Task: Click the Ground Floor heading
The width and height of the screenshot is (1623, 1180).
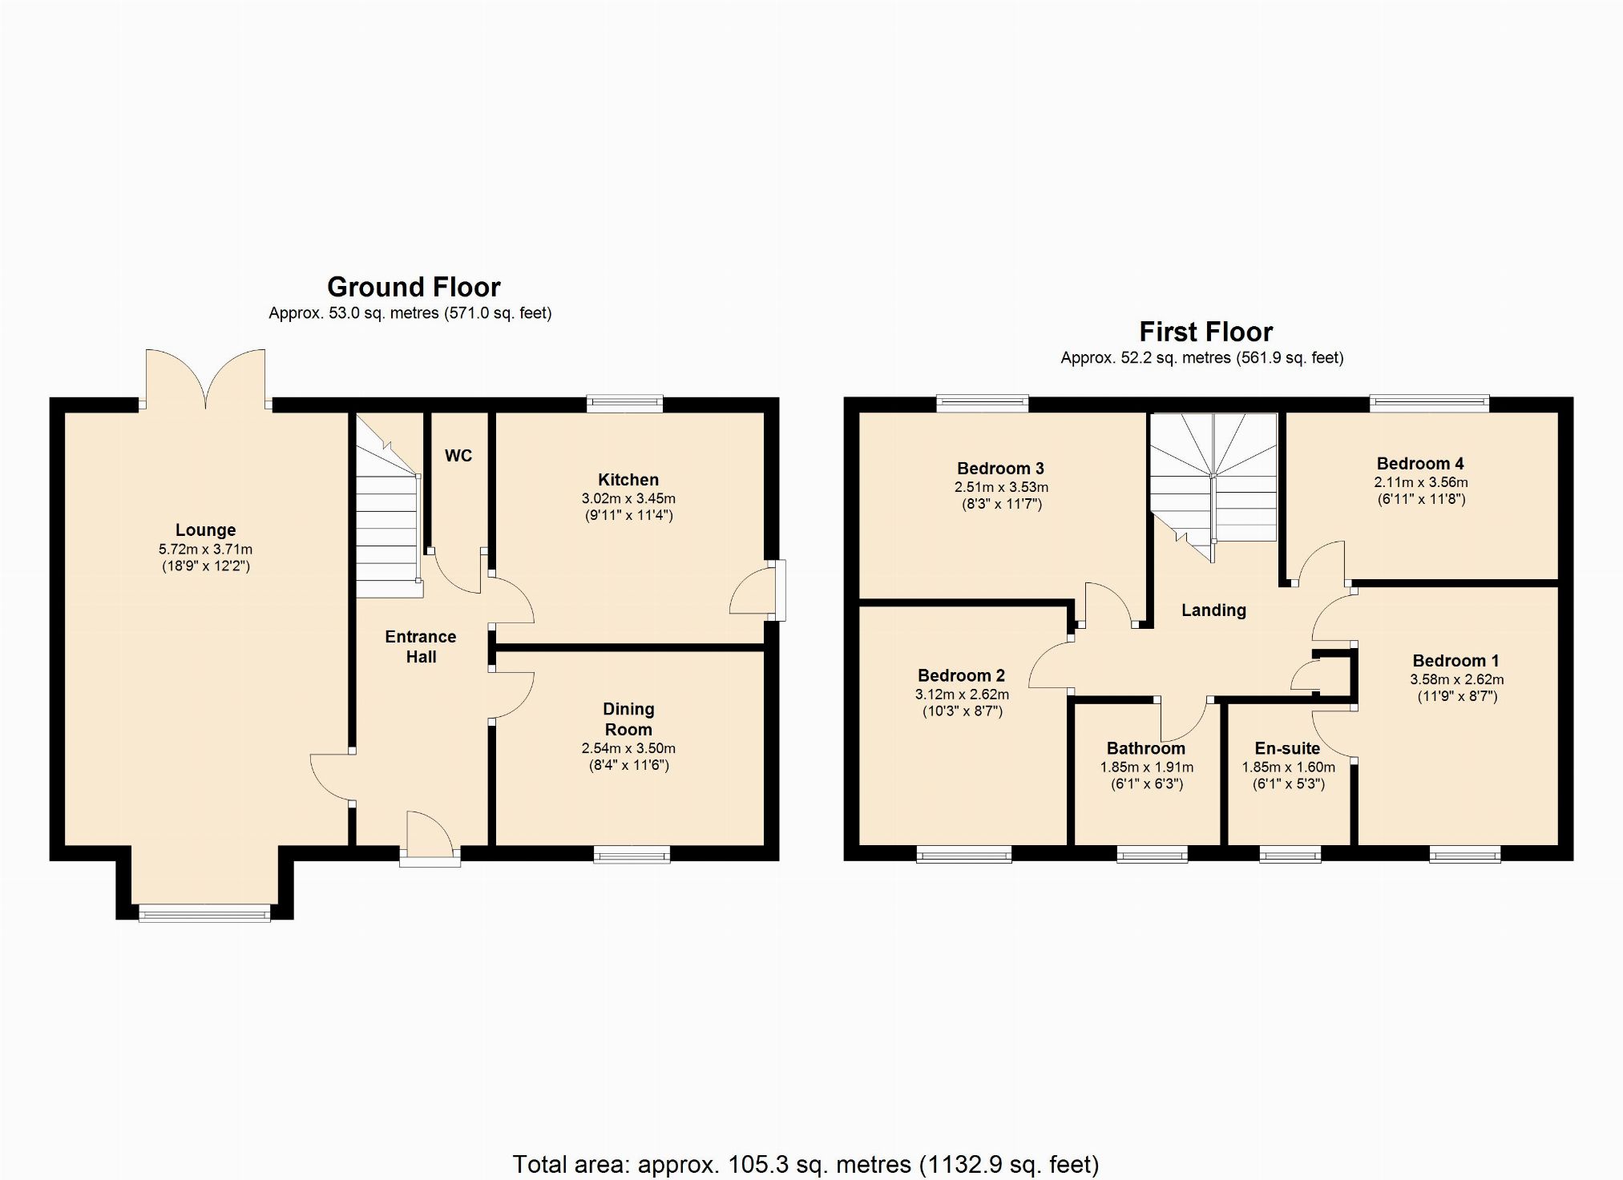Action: pyautogui.click(x=414, y=287)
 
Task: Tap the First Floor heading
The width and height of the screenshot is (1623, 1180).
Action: pyautogui.click(x=1205, y=332)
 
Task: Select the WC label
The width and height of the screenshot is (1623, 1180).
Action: pyautogui.click(x=458, y=456)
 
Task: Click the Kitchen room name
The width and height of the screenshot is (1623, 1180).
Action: pyautogui.click(x=628, y=480)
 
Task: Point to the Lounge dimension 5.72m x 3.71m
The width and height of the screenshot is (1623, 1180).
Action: pyautogui.click(x=205, y=550)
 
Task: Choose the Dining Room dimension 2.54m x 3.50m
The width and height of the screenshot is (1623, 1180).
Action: pyautogui.click(x=628, y=748)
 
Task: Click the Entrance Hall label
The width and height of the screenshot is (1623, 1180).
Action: pyautogui.click(x=421, y=646)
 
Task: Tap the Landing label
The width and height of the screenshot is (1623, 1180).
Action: pyautogui.click(x=1213, y=610)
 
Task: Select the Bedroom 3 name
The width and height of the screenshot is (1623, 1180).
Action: pyautogui.click(x=1000, y=469)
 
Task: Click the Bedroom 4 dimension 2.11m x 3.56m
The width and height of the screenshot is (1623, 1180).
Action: pyautogui.click(x=1421, y=482)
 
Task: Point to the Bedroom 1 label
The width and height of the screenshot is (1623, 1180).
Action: pyautogui.click(x=1455, y=661)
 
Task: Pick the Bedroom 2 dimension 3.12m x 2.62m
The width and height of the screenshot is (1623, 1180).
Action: pyautogui.click(x=962, y=695)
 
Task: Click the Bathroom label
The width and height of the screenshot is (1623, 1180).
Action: pyautogui.click(x=1146, y=748)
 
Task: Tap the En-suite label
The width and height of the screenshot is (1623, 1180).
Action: pyautogui.click(x=1287, y=748)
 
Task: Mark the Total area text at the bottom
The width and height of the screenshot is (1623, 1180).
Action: pyautogui.click(x=805, y=1163)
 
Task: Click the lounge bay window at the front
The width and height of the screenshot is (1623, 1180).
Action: pyautogui.click(x=204, y=912)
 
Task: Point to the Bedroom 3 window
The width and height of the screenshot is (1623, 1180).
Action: pyautogui.click(x=982, y=404)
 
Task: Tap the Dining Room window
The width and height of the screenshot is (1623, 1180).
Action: pyautogui.click(x=632, y=855)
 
